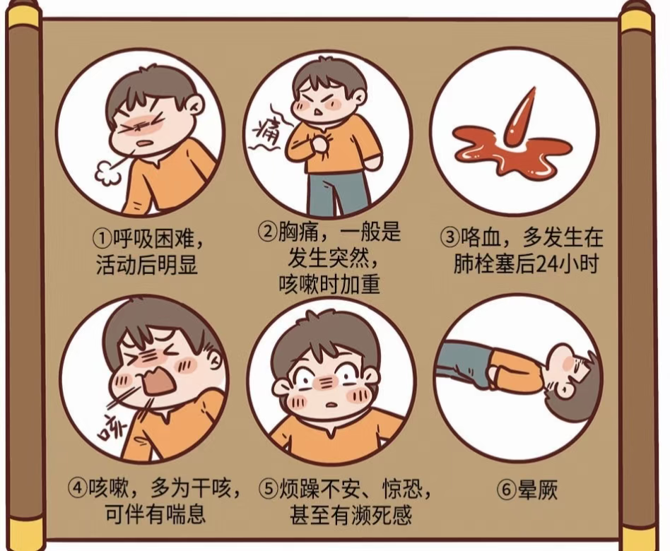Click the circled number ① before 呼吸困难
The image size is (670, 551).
[102, 239]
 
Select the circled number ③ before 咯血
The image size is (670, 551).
[449, 237]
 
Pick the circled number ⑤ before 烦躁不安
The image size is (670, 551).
[269, 488]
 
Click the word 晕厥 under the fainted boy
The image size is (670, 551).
[538, 489]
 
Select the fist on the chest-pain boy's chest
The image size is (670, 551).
[318, 144]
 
